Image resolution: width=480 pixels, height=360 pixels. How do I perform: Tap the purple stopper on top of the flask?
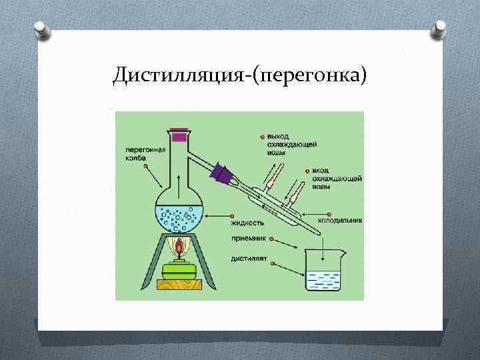coord(179,136)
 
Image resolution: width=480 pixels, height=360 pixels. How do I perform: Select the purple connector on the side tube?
coord(222,175)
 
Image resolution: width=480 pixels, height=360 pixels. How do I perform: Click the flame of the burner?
coord(179,249)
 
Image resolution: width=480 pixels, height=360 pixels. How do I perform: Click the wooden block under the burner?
coord(179,285)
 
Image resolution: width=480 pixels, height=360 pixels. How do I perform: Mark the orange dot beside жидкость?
coord(231,215)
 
